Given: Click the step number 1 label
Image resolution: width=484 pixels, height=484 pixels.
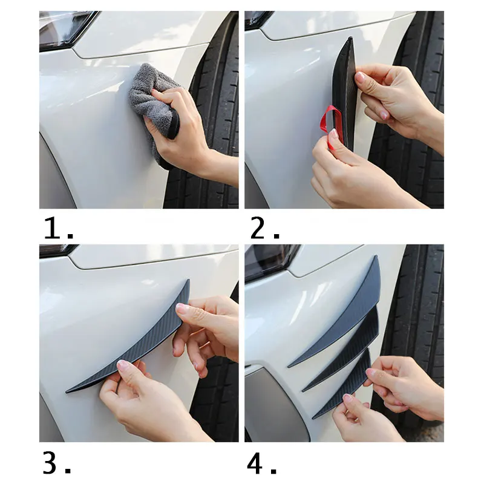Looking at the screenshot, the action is point(59,229).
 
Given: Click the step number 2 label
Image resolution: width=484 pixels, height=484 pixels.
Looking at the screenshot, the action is point(264,229).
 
